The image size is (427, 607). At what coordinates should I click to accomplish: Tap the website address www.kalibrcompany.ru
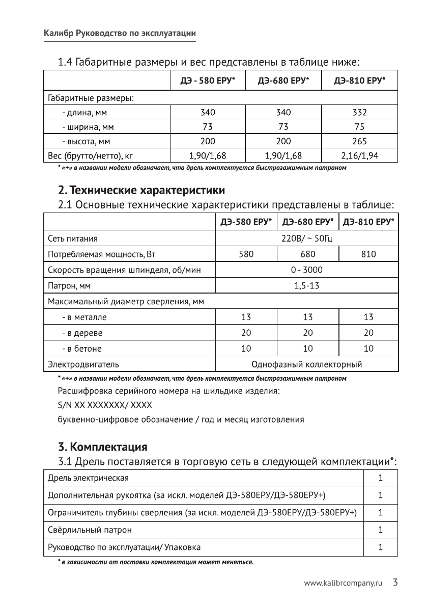point(343,583)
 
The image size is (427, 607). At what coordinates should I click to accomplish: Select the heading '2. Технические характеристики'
point(141,191)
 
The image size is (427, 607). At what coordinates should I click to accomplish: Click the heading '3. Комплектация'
point(103,447)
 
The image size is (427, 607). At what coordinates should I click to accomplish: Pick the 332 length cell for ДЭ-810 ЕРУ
point(359,112)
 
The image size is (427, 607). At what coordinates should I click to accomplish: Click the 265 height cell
point(359,141)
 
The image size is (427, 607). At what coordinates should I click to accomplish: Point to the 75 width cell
point(359,126)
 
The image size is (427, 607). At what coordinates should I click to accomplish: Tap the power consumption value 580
point(246,254)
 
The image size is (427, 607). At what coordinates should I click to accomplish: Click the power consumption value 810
point(368,254)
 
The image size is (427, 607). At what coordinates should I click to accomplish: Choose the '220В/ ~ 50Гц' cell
point(307,238)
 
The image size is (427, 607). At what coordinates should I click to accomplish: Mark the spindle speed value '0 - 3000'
point(307,270)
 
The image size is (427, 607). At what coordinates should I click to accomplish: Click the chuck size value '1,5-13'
point(307,285)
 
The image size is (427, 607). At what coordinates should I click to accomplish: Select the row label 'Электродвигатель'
point(83,364)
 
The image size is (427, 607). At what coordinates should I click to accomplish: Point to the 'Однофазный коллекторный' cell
point(307,364)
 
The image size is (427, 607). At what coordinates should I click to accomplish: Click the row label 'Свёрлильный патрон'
point(90,530)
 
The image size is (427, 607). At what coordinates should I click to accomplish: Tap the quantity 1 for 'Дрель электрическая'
point(380,478)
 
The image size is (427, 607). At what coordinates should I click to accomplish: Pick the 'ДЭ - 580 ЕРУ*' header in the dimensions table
point(208,81)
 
